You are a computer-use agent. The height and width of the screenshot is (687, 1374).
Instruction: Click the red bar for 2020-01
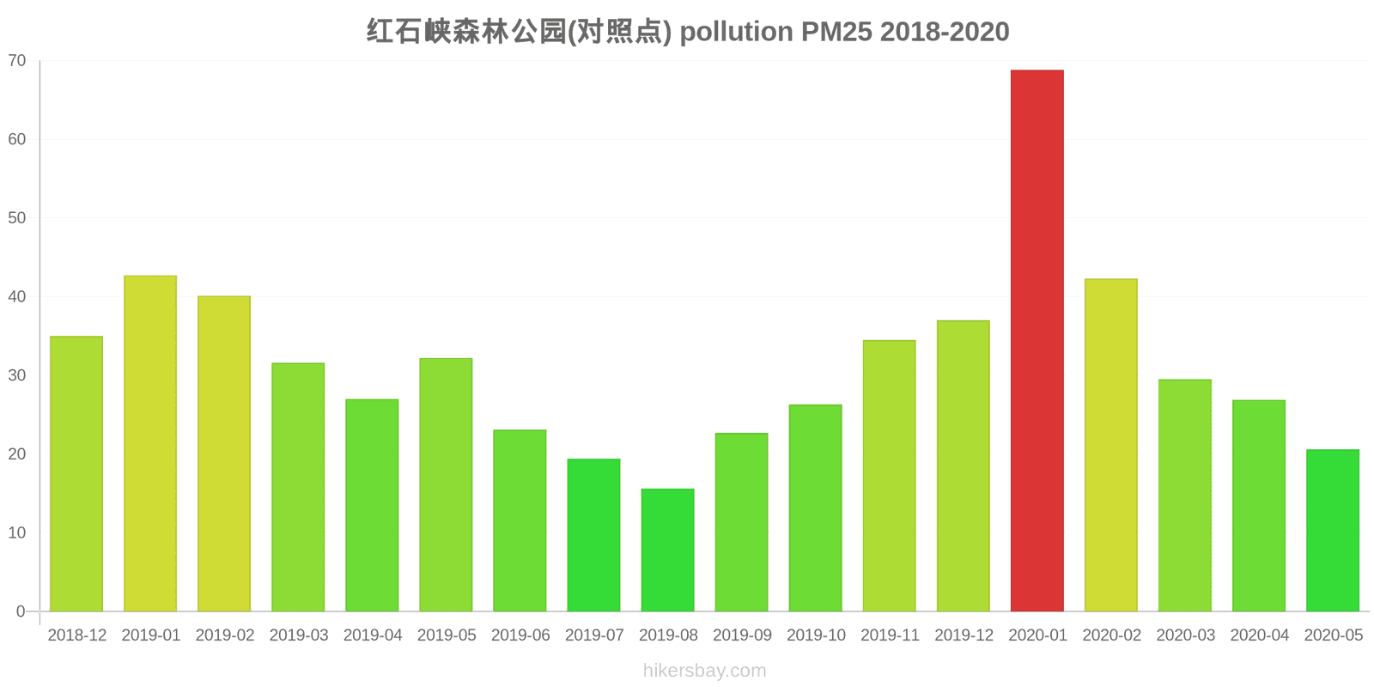[1037, 341]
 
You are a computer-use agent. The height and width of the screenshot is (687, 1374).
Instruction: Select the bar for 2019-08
[667, 550]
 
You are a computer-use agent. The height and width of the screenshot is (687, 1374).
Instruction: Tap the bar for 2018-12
[76, 474]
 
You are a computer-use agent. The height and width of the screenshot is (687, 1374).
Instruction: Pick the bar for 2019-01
[150, 444]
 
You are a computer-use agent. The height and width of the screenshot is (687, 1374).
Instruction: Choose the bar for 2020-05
[1333, 531]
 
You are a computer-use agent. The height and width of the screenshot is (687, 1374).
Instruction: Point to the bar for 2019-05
[446, 485]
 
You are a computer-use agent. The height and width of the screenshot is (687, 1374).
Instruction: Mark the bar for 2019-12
[963, 466]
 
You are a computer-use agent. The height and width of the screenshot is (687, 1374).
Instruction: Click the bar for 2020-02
[1110, 445]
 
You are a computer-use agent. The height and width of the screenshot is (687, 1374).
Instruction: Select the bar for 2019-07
[593, 535]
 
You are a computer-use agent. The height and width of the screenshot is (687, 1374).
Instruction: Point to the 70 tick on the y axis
[17, 61]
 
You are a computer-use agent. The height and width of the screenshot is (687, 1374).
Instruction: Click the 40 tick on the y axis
[17, 297]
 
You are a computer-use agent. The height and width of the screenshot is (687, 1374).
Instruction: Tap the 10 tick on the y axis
[17, 533]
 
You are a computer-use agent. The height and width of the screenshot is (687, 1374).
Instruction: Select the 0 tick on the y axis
[21, 612]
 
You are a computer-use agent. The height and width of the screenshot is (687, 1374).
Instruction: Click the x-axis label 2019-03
[299, 635]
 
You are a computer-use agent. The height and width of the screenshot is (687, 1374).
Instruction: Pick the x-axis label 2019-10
[816, 635]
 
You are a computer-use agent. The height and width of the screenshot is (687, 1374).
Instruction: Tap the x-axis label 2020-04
[1259, 635]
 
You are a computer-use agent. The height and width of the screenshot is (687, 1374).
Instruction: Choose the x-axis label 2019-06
[520, 635]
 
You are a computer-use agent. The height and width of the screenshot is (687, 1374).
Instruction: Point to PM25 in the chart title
[836, 32]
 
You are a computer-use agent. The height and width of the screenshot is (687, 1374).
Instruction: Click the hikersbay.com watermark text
[704, 671]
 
